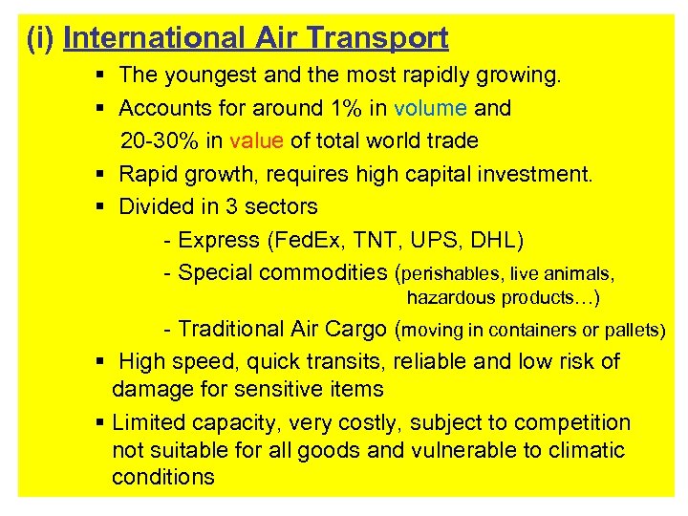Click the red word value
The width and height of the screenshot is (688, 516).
coord(256,140)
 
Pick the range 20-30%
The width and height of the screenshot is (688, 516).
coord(160,140)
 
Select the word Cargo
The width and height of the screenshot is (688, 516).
coord(353,330)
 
